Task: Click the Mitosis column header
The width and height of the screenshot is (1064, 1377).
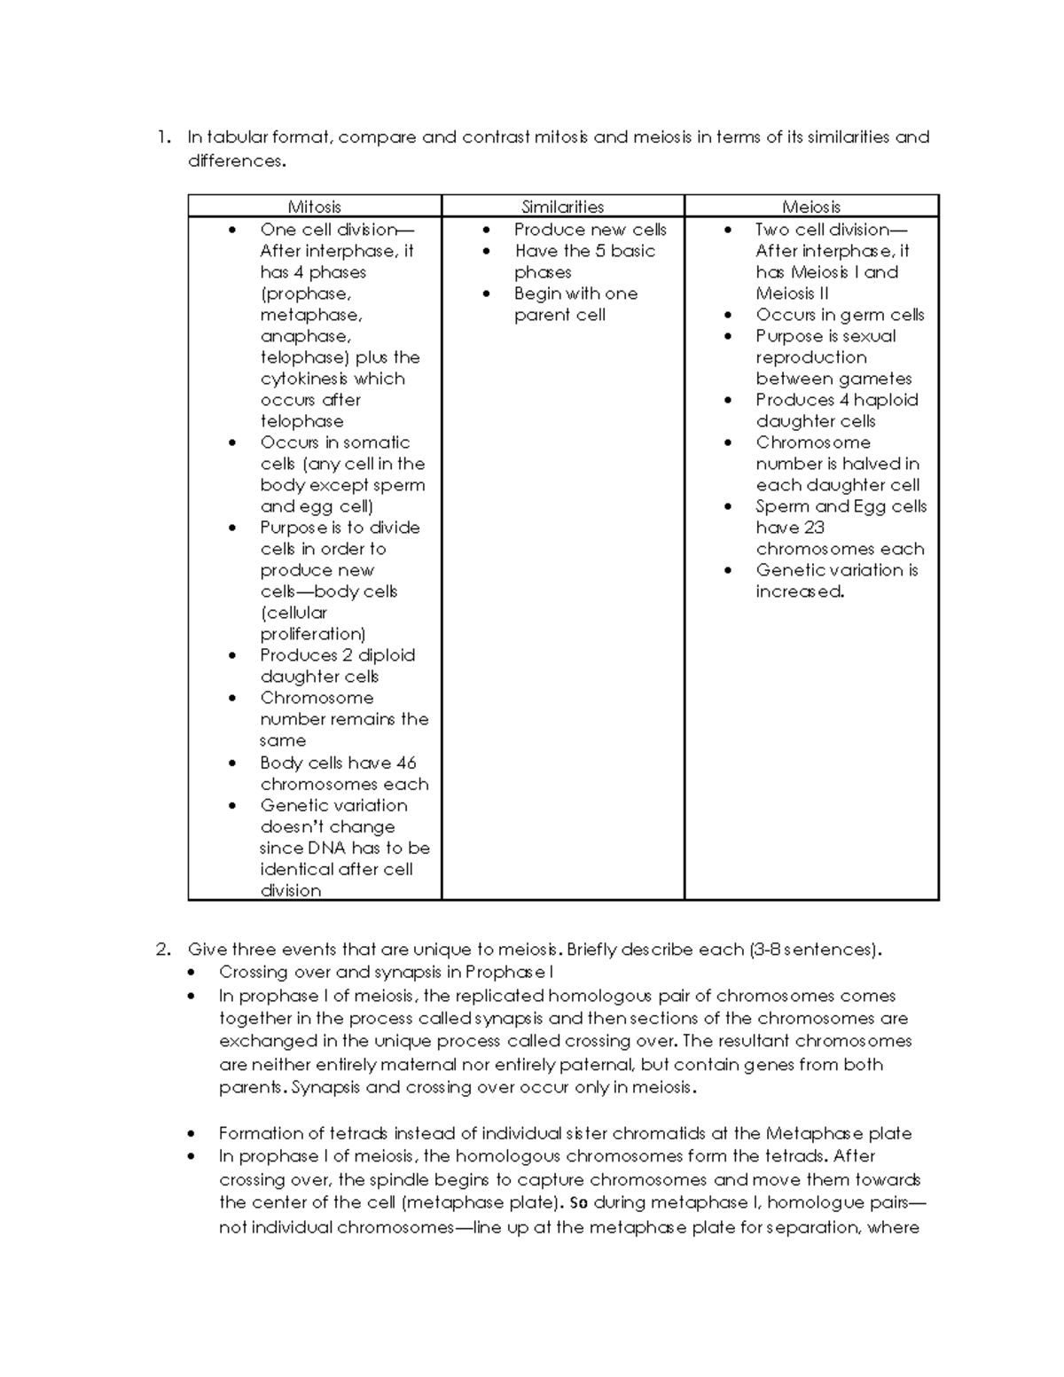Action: pyautogui.click(x=314, y=207)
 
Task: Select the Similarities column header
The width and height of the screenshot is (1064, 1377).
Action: pyautogui.click(x=562, y=207)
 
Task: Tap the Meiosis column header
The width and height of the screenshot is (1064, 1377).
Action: pyautogui.click(x=810, y=207)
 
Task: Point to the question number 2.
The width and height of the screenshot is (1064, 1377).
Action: pyautogui.click(x=162, y=950)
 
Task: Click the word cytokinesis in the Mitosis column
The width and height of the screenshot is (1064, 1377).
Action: pyautogui.click(x=306, y=379)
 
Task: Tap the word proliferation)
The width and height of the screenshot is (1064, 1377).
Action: pyautogui.click(x=312, y=634)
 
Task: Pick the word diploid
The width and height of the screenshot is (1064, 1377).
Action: pyautogui.click(x=386, y=655)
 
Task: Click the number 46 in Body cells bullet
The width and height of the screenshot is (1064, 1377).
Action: pyautogui.click(x=405, y=763)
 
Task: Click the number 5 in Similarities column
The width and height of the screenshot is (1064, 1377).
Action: pyautogui.click(x=600, y=251)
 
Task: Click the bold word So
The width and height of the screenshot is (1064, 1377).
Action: pyautogui.click(x=578, y=1203)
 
